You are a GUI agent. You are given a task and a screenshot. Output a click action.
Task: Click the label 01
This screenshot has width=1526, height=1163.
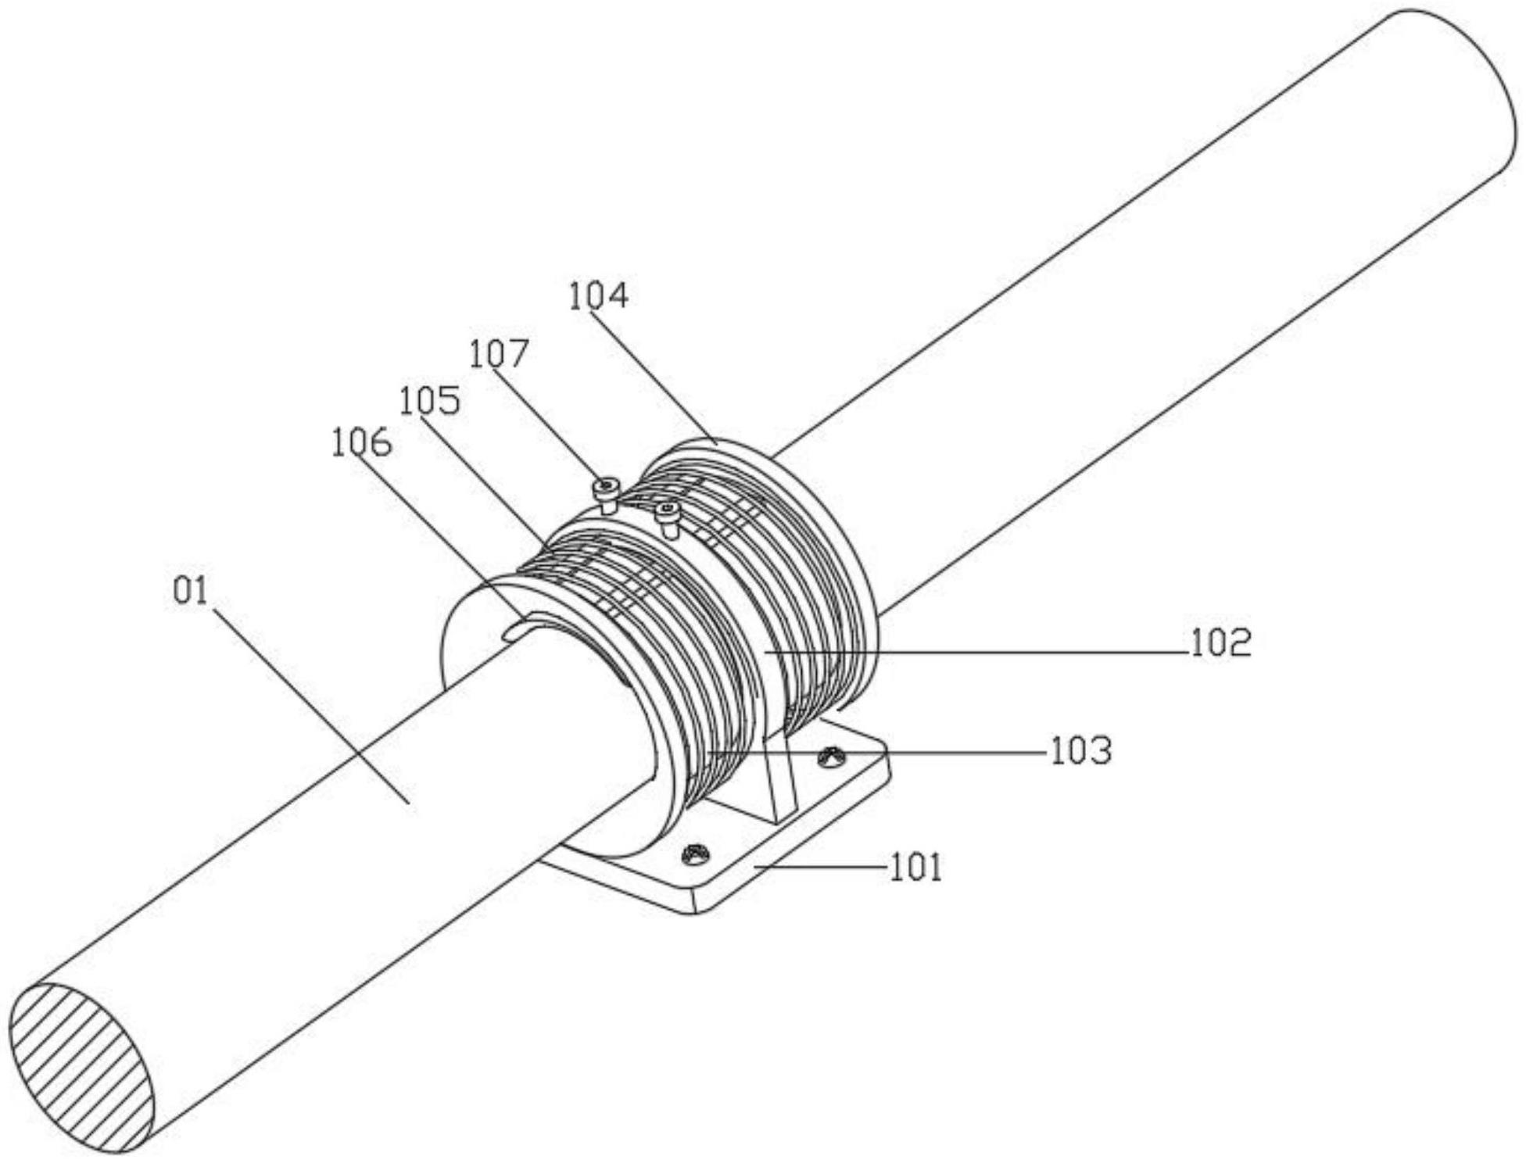tap(191, 591)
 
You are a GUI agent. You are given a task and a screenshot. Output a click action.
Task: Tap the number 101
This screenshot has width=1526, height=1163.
tap(916, 868)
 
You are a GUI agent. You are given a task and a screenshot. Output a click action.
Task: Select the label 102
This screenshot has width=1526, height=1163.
tap(1220, 643)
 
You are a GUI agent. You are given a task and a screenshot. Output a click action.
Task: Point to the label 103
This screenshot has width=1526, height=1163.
tap(1080, 751)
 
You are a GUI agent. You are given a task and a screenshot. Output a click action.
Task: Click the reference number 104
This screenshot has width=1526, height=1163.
tap(598, 295)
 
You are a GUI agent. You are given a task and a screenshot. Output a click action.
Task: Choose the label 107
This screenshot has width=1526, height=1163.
tap(499, 353)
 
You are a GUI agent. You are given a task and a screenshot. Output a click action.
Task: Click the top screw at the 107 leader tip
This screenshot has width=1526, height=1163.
tap(606, 495)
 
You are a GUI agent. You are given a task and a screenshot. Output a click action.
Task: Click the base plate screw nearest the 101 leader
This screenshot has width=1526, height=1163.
tap(695, 854)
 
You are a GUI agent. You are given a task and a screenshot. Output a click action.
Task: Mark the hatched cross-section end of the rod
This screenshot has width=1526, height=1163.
tap(82, 1068)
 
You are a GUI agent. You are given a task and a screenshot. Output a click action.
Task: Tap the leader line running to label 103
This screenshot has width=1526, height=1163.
tap(875, 753)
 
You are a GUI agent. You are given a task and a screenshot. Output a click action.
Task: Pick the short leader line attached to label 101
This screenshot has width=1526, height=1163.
tap(820, 867)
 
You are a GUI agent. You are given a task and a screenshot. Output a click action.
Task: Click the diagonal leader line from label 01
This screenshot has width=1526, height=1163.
tap(311, 705)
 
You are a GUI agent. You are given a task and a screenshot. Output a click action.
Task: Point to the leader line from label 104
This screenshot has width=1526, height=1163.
tap(653, 377)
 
